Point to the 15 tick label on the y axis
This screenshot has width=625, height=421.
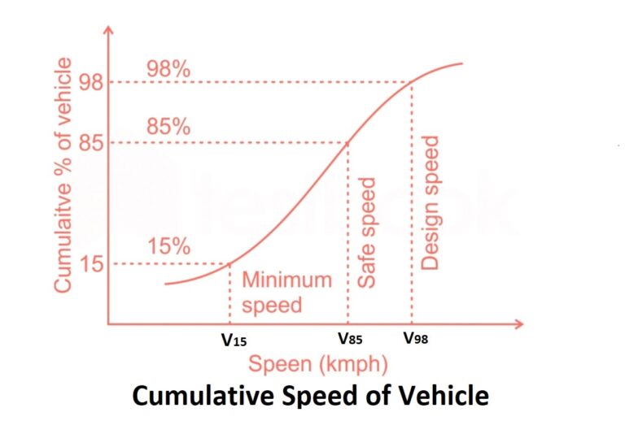coord(90,264)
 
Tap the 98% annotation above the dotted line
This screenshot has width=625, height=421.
coord(168,69)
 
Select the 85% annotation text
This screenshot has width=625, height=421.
coord(168,128)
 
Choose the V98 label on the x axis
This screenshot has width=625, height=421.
coord(413,340)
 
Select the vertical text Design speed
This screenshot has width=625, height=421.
coord(431,203)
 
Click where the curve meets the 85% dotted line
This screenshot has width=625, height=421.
coord(348,144)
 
